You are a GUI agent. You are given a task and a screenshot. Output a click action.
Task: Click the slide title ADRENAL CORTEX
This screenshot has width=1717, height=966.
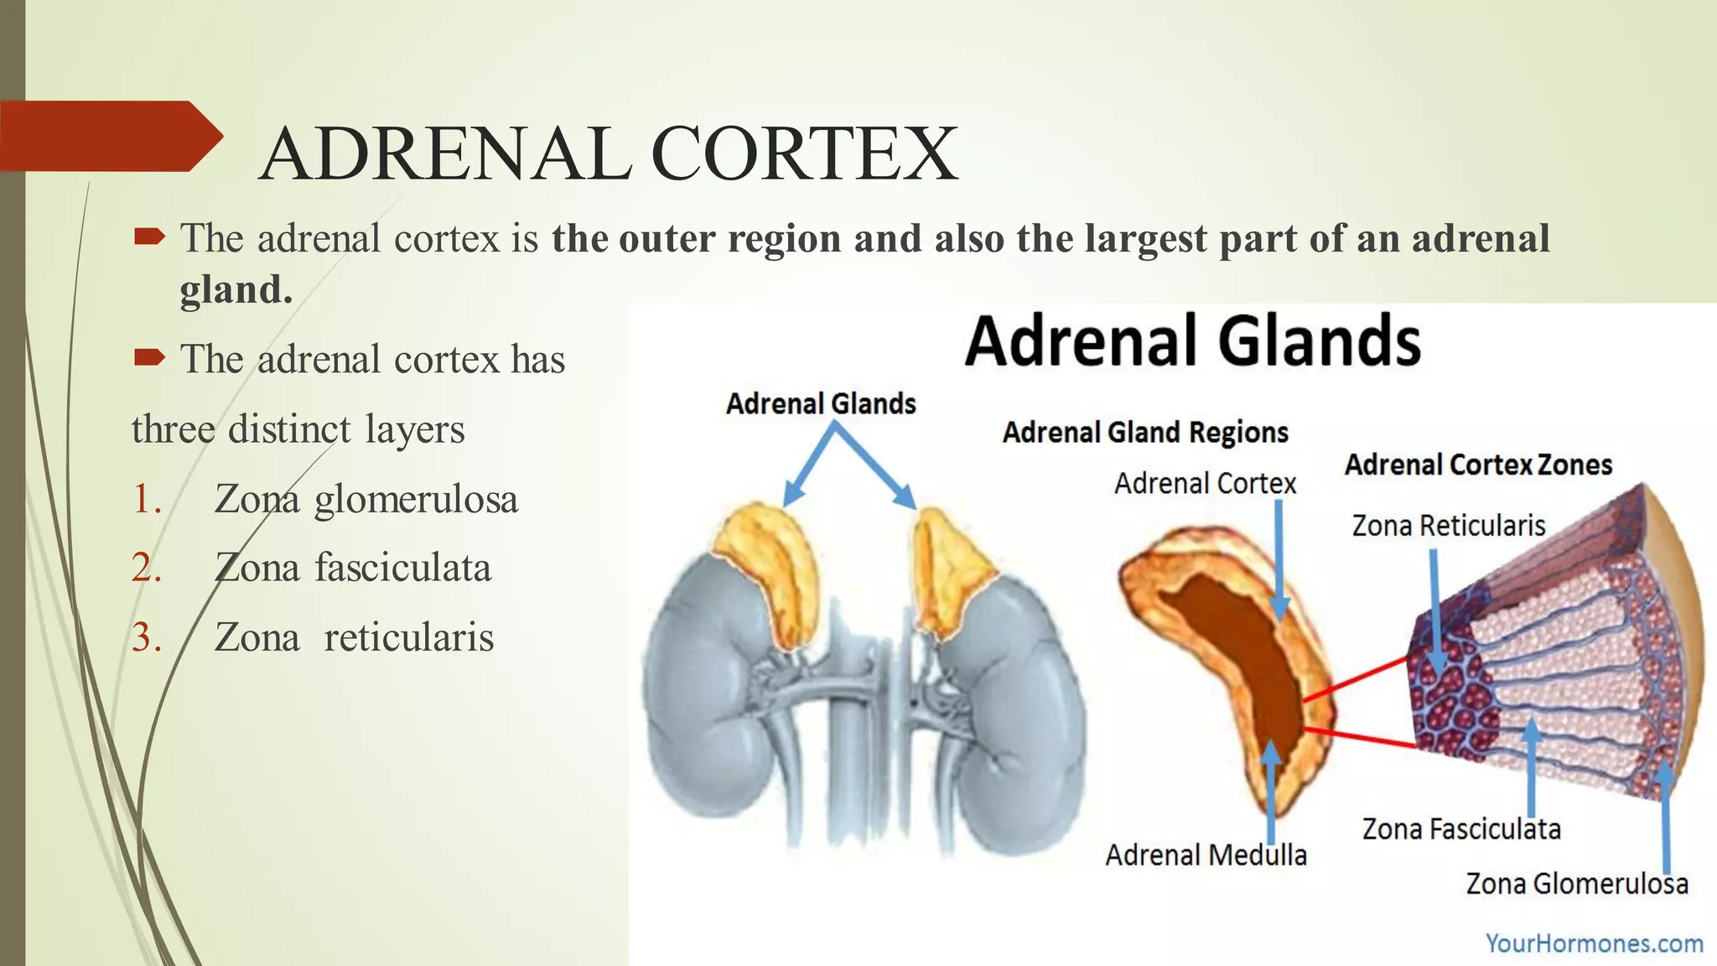tap(609, 154)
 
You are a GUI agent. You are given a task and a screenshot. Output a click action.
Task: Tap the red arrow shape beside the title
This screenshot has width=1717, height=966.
tap(109, 136)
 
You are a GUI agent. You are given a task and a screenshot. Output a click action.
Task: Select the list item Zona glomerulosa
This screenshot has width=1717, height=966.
tap(366, 499)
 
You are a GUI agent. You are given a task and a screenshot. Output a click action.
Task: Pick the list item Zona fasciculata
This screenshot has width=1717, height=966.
tap(352, 568)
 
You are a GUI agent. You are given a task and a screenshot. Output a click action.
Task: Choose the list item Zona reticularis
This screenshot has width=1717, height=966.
tap(354, 637)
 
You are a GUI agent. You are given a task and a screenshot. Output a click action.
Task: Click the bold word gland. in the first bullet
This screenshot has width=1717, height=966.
tap(236, 290)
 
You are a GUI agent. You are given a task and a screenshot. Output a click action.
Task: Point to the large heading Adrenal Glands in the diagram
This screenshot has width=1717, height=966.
tap(1192, 340)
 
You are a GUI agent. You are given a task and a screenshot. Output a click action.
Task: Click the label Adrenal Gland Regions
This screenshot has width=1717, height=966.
tap(1145, 433)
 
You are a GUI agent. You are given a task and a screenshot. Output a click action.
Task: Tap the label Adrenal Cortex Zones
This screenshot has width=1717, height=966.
tap(1478, 465)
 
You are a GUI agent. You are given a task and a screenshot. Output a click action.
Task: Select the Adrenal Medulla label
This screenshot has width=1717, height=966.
tap(1206, 855)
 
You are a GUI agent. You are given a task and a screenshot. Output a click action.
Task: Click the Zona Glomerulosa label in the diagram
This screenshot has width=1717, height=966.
tap(1576, 884)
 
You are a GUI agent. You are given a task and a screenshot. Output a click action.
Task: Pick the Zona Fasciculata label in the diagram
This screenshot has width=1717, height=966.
tap(1461, 829)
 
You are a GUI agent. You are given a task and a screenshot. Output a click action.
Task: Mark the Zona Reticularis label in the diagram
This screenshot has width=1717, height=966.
tap(1448, 526)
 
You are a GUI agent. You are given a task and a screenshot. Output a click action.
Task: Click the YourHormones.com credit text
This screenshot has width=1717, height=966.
tap(1594, 943)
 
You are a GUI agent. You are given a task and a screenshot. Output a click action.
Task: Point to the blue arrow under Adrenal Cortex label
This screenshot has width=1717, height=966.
tap(1279, 562)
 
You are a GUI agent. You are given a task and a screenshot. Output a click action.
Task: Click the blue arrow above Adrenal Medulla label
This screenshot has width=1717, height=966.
tap(1272, 788)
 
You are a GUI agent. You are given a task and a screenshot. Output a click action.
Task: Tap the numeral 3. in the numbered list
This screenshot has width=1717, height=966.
tap(146, 638)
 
